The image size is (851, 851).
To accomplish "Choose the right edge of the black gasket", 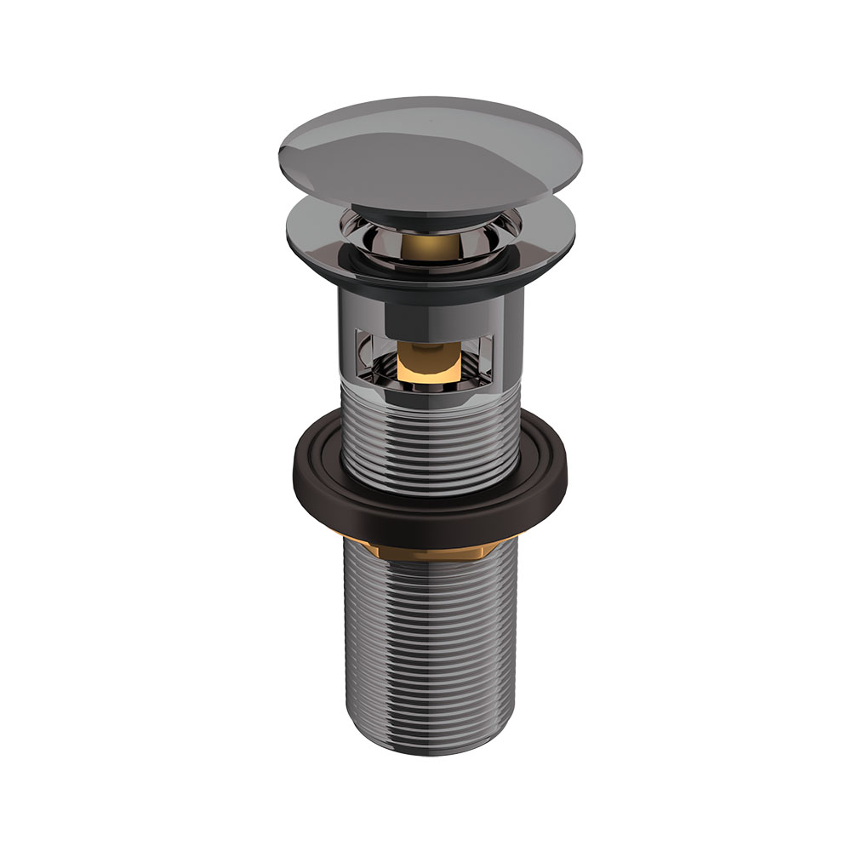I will tap(565, 477).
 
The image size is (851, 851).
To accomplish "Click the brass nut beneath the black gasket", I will tap(425, 549).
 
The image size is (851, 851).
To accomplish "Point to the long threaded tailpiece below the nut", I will tap(425, 647).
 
